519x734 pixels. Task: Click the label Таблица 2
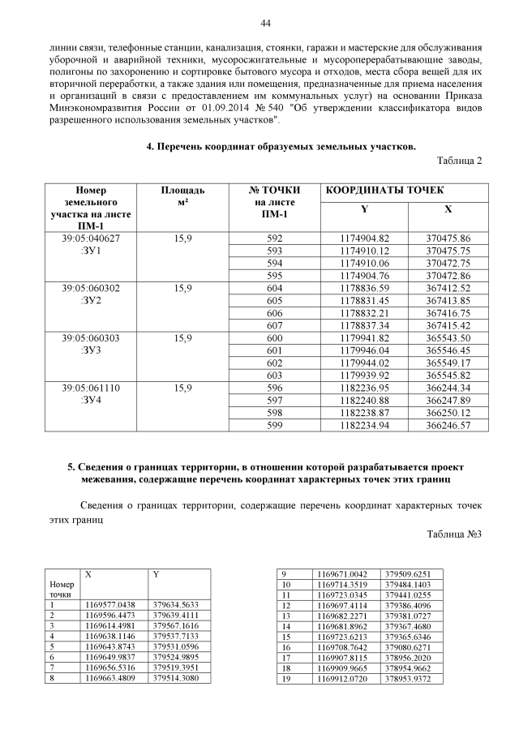(x=459, y=160)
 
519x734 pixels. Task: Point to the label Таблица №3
(x=454, y=556)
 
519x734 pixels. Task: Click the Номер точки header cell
(x=62, y=589)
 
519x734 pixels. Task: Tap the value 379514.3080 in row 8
(x=176, y=678)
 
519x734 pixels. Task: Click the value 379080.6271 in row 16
(x=408, y=646)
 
